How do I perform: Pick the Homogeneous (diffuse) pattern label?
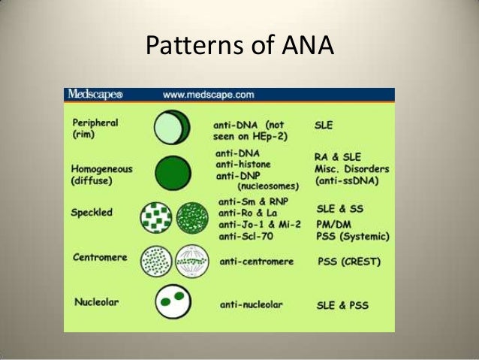pos(102,174)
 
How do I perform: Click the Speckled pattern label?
pos(92,213)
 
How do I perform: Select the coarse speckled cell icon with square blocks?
pos(156,217)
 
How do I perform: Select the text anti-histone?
pos(243,163)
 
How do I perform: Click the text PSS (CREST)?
pos(347,262)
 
